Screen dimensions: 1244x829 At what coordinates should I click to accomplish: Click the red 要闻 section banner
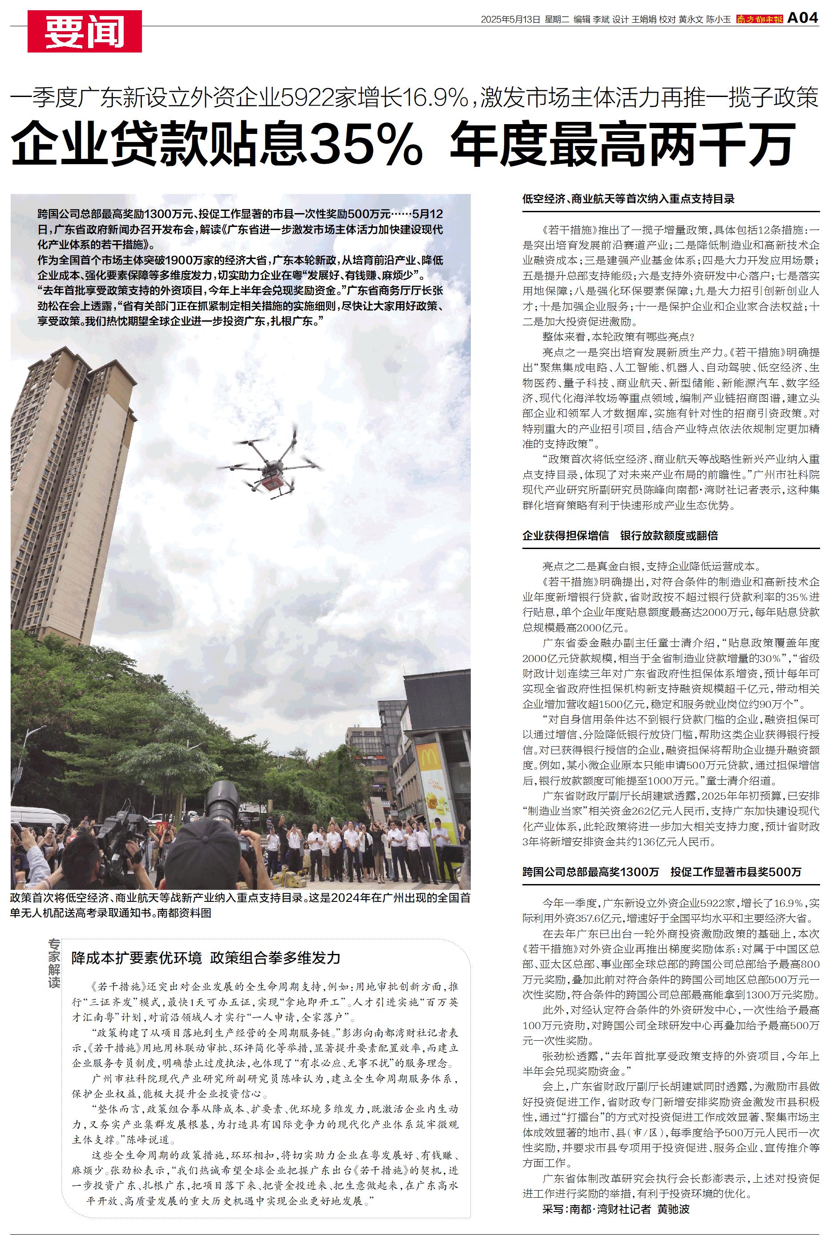pyautogui.click(x=84, y=31)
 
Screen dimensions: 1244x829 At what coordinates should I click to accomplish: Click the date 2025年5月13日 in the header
pyautogui.click(x=510, y=20)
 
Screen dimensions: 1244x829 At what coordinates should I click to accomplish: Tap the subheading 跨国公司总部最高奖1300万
pyautogui.click(x=590, y=872)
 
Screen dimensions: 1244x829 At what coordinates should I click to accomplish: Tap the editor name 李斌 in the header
pyautogui.click(x=601, y=20)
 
